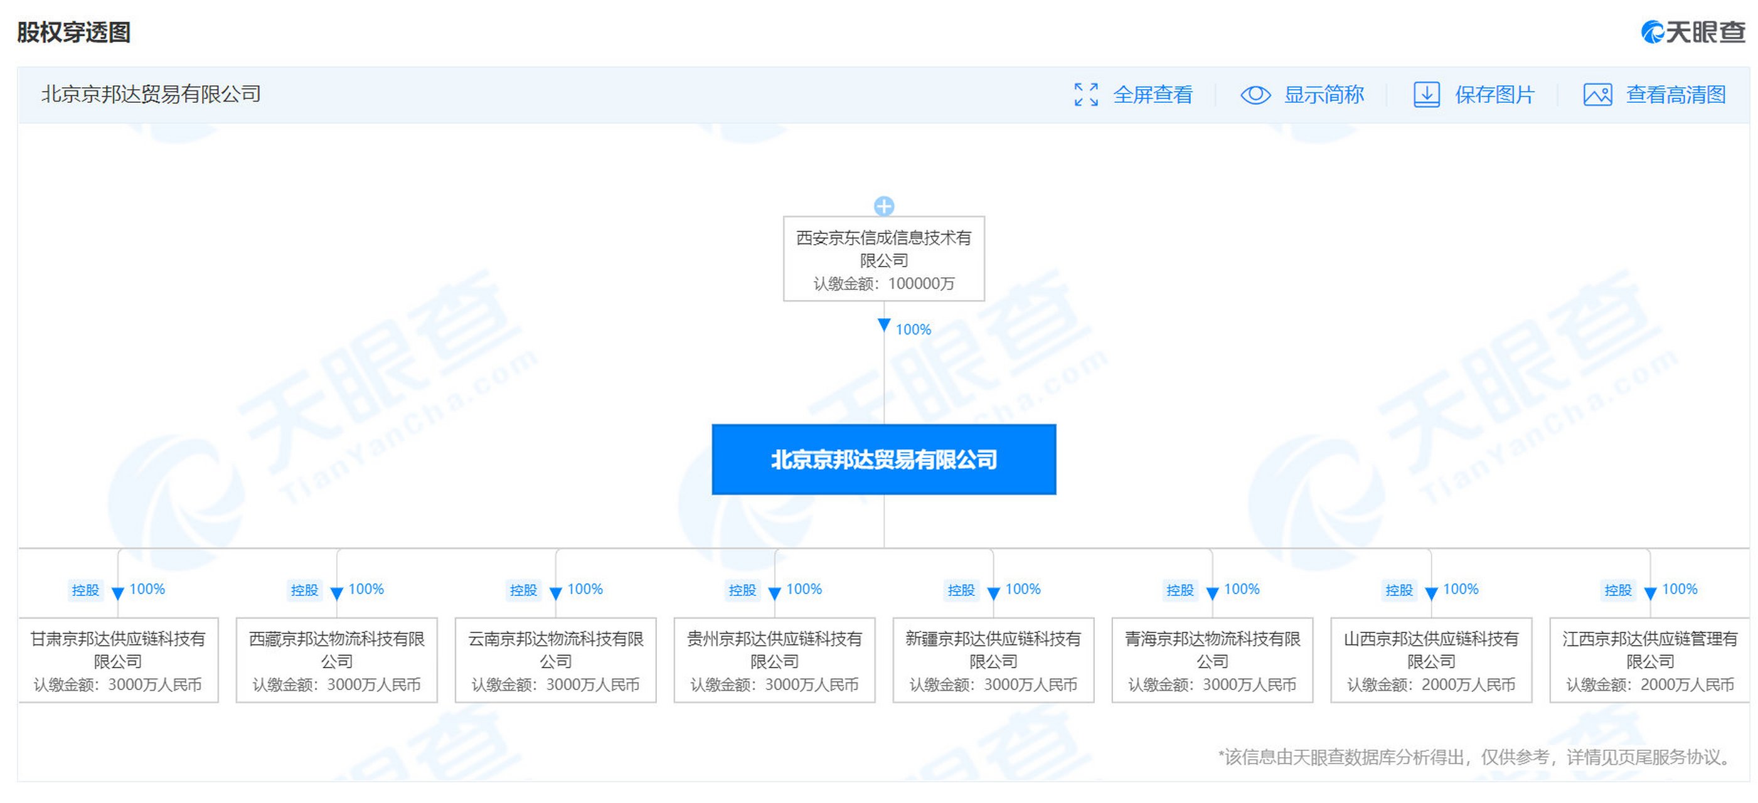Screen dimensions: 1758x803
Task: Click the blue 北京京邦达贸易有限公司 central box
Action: [x=884, y=459]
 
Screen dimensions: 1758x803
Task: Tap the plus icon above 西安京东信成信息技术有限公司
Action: [x=884, y=205]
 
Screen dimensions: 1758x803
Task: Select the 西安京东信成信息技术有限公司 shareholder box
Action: [x=884, y=258]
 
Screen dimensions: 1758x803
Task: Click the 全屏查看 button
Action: [x=1133, y=94]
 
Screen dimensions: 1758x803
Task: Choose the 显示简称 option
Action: [x=1302, y=94]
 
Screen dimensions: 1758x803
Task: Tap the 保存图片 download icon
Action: [x=1426, y=94]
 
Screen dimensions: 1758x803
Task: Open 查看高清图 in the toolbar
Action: [x=1654, y=94]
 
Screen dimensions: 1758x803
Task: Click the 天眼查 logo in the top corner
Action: [x=1693, y=31]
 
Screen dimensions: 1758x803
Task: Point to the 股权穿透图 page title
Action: [x=73, y=32]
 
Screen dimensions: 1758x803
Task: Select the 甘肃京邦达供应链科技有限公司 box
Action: [x=118, y=660]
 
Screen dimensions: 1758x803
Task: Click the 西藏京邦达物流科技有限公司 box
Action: [x=336, y=660]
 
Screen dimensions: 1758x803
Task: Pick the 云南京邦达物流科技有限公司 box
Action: [x=555, y=660]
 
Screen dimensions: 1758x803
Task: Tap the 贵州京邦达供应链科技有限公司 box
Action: [x=775, y=660]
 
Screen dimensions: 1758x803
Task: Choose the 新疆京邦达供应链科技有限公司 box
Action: [x=994, y=660]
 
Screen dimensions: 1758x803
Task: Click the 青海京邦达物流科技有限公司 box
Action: [x=1213, y=660]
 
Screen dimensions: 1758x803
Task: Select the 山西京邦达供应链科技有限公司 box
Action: [x=1432, y=660]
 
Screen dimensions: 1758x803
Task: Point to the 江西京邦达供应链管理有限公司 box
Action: [x=1650, y=660]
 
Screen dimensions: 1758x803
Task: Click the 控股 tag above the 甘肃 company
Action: [x=85, y=590]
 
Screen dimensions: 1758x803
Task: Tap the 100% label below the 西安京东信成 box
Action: [x=913, y=329]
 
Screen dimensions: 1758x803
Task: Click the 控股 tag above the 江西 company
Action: [x=1618, y=590]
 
